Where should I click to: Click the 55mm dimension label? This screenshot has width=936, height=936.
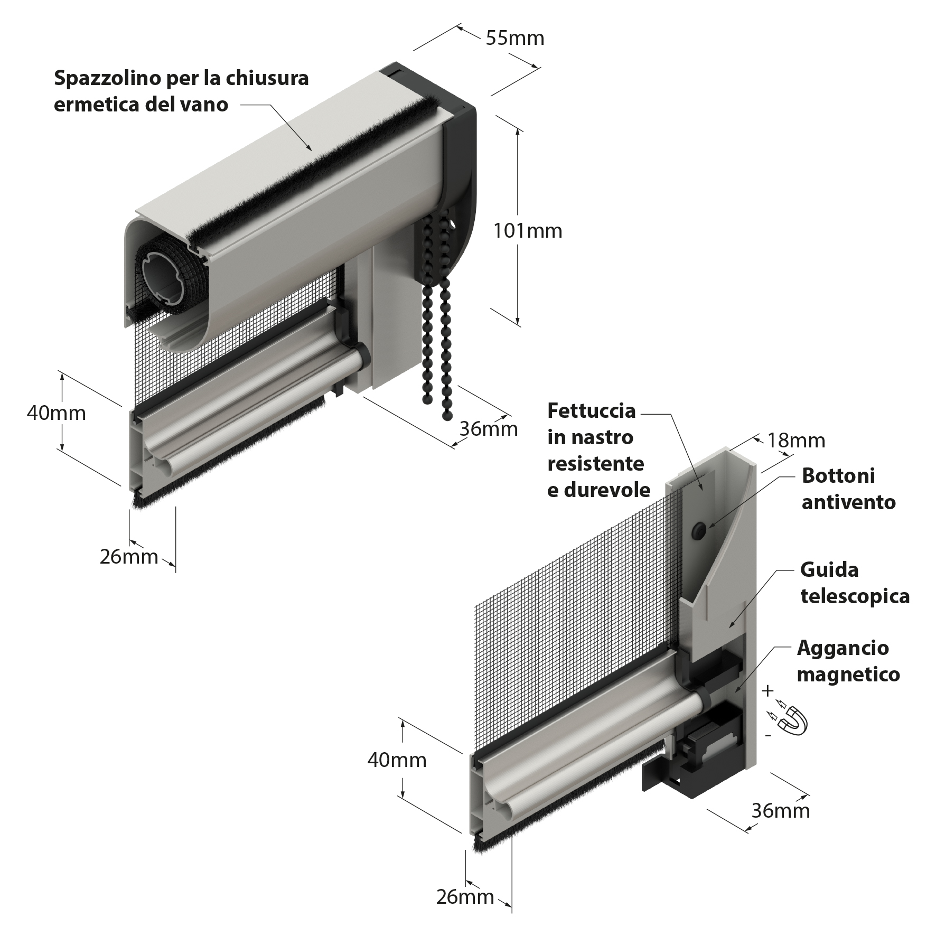(x=514, y=38)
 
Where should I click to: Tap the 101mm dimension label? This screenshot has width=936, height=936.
(x=527, y=231)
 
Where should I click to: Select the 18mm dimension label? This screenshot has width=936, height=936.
(x=796, y=440)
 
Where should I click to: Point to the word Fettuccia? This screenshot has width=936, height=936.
(x=592, y=410)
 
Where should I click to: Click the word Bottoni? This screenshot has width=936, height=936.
(x=838, y=475)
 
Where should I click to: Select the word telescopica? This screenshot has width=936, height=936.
(x=855, y=596)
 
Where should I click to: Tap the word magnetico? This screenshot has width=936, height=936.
(x=848, y=675)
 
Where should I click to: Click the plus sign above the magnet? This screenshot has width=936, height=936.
(x=768, y=690)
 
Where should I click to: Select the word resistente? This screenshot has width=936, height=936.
(x=596, y=464)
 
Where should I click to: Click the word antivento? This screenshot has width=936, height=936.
(x=849, y=502)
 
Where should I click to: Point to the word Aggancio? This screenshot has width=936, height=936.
(x=843, y=648)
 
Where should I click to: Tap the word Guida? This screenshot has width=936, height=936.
(x=829, y=569)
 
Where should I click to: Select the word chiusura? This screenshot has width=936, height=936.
(x=267, y=78)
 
